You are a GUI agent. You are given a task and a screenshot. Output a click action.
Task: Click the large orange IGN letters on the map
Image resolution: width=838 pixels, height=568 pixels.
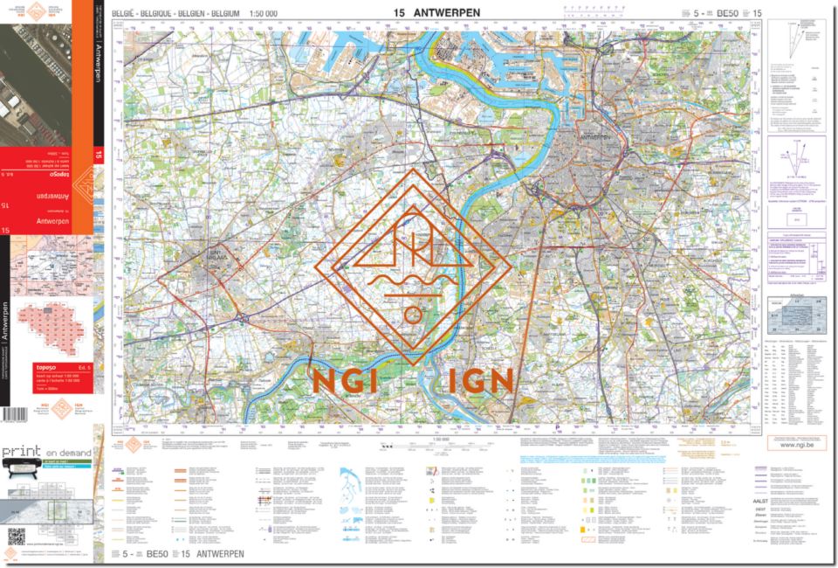tap(471, 381)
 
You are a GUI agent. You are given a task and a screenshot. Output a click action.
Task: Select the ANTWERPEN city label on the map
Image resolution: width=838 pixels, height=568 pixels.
tap(594, 137)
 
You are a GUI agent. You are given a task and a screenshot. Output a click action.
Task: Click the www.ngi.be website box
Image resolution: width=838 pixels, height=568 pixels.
tap(793, 444)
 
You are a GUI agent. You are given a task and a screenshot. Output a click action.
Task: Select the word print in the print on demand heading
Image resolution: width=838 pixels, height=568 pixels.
tap(21, 453)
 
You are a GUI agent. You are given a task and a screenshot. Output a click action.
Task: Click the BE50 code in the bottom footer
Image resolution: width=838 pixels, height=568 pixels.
tap(157, 554)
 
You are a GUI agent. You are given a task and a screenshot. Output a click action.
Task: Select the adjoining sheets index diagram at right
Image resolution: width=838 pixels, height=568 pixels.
tap(793, 311)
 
